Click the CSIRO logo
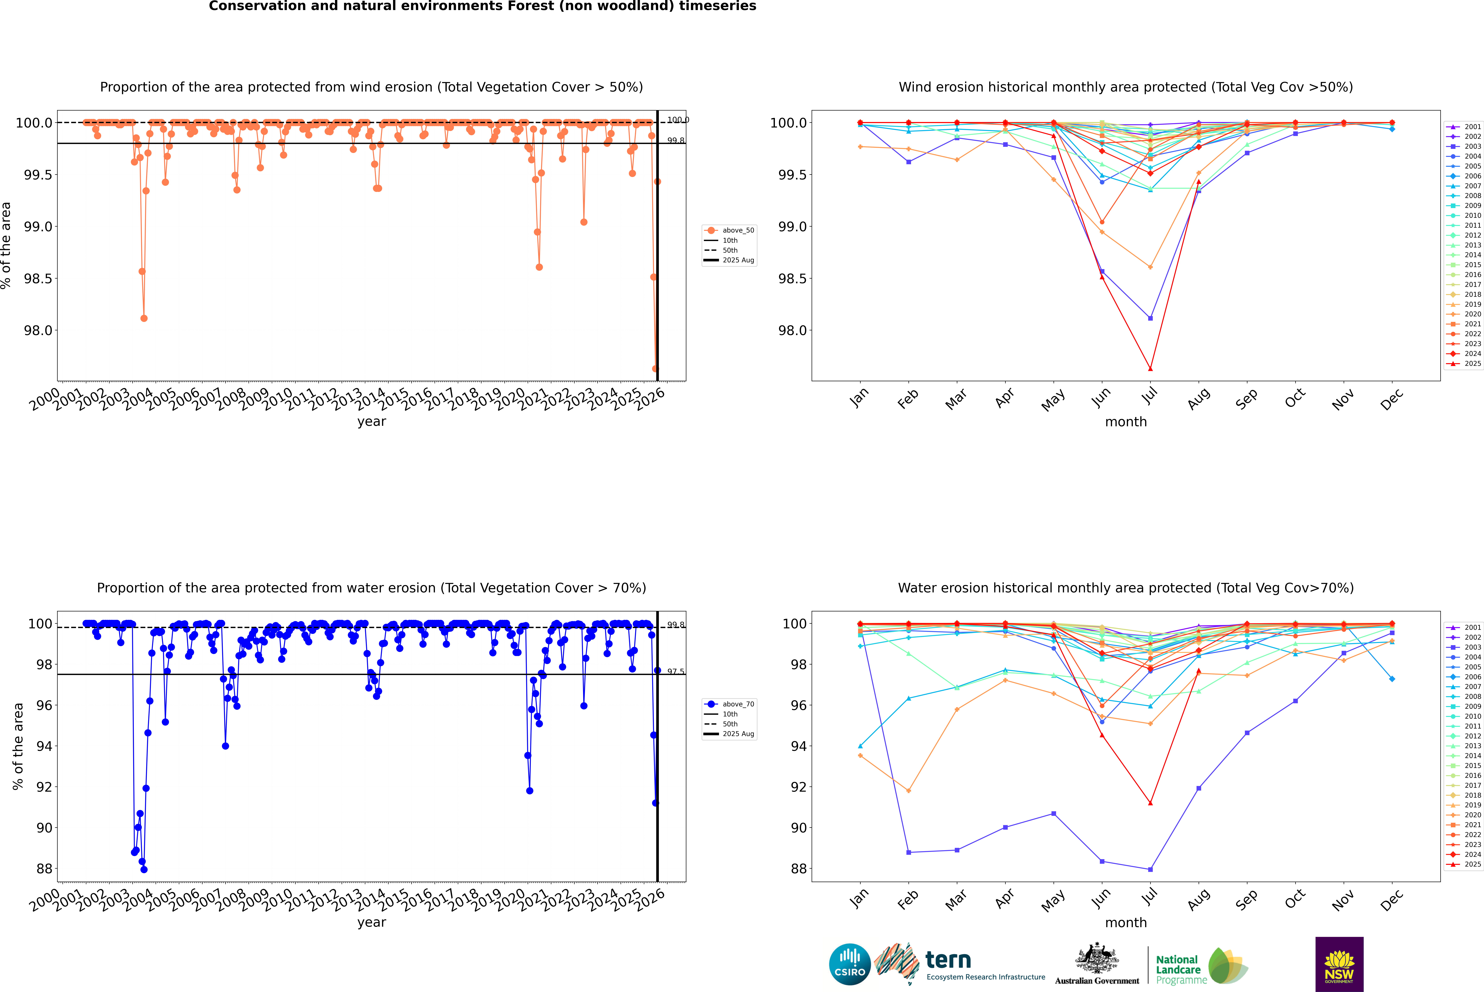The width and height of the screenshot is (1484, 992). (x=850, y=964)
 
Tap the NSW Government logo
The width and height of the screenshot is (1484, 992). (x=1339, y=964)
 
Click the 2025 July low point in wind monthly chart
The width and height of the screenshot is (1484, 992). (x=1150, y=369)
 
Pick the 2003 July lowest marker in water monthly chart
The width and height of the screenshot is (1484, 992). (x=1150, y=869)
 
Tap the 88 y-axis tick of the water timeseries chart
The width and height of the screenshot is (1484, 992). (x=44, y=869)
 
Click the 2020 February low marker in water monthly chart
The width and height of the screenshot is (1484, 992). (x=908, y=791)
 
